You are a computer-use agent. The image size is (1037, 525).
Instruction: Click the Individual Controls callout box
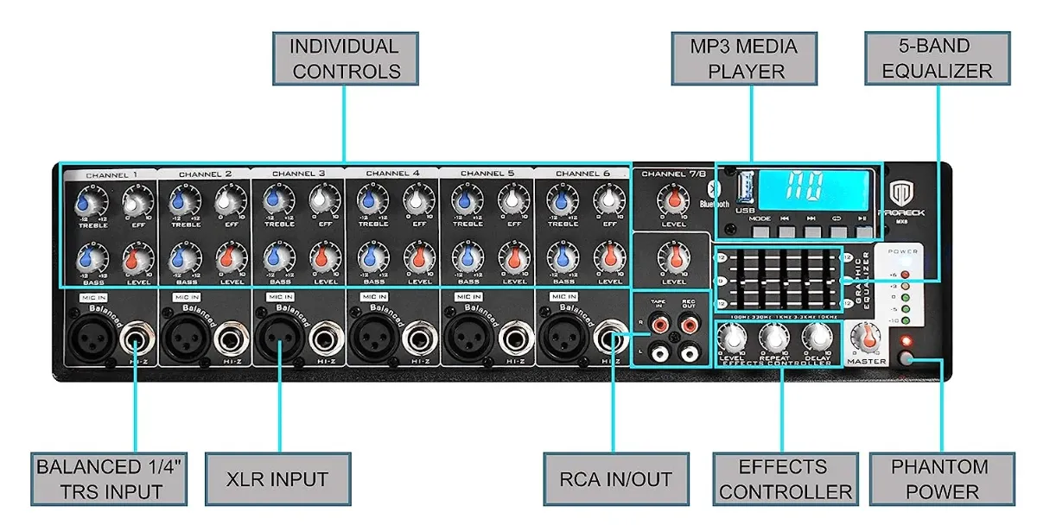point(345,59)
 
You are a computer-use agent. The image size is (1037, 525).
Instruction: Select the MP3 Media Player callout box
point(745,59)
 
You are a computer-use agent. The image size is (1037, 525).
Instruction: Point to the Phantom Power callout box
point(941,479)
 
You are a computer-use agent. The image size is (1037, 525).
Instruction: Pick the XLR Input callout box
point(279,479)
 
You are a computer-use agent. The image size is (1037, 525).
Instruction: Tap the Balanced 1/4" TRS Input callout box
point(110,479)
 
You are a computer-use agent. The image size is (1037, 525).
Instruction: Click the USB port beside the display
point(741,186)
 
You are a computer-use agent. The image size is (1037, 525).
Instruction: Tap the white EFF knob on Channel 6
point(608,204)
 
